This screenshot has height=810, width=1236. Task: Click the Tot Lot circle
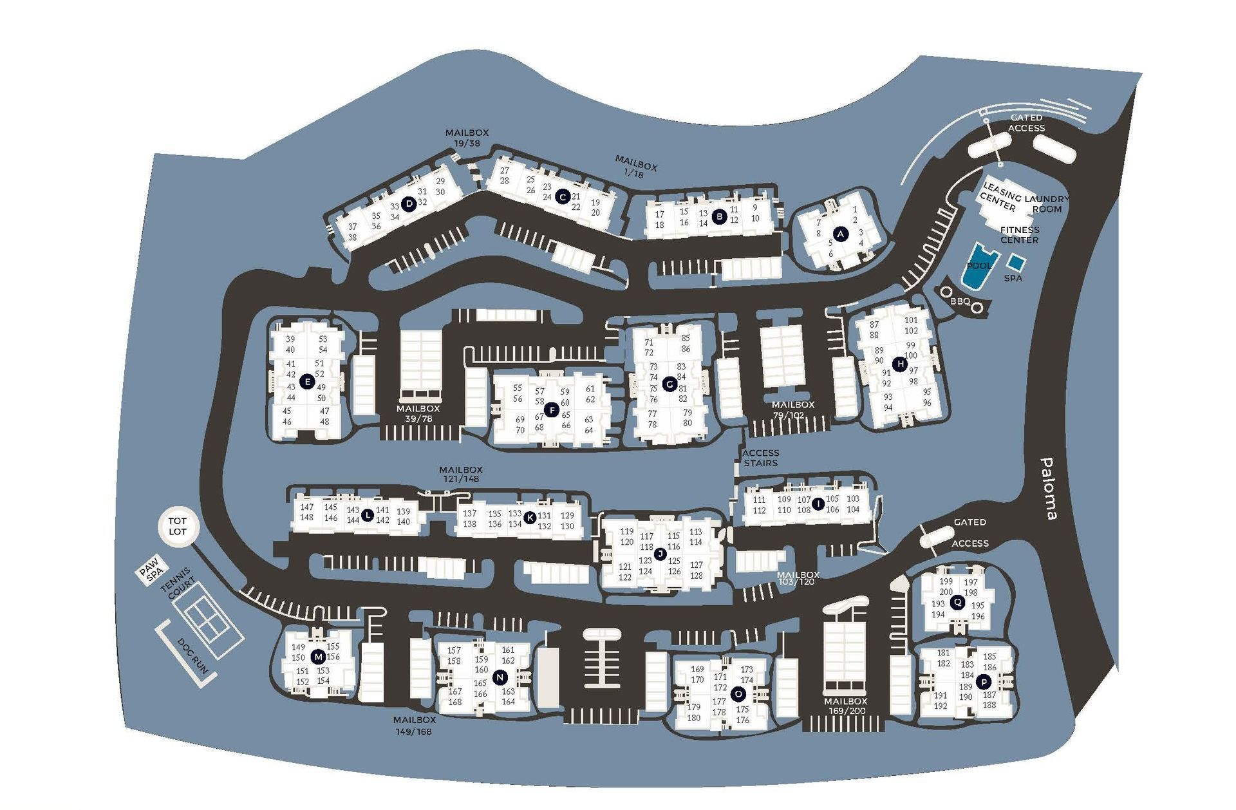(x=178, y=526)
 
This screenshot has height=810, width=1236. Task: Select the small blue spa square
(x=1016, y=262)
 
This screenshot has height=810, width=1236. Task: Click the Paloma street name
(x=1047, y=489)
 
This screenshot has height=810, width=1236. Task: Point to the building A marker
(x=839, y=234)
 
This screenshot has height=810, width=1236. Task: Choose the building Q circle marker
(x=958, y=602)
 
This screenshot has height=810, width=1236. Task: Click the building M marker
(x=318, y=657)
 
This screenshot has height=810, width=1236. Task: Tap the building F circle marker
(x=551, y=410)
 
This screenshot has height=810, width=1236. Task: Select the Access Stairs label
(x=761, y=458)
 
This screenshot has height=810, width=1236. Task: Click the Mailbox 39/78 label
(x=418, y=413)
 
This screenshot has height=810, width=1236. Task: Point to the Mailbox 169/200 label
(x=846, y=706)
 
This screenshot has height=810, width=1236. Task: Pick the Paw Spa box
(x=151, y=570)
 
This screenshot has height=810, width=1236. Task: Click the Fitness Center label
(x=1020, y=234)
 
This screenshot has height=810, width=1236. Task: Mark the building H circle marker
(x=900, y=364)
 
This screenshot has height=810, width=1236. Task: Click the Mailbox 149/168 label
(x=415, y=726)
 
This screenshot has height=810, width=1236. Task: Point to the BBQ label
(x=960, y=301)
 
